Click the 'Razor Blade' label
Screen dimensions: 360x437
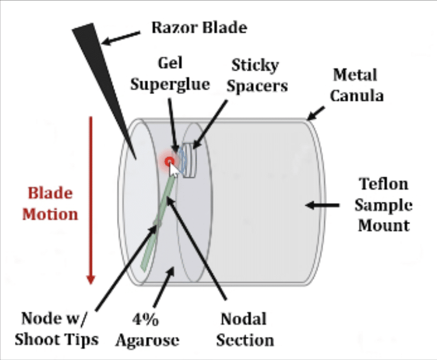tap(199, 27)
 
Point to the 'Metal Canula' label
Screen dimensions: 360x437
tap(354, 85)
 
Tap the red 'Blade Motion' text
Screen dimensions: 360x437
tap(53, 204)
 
